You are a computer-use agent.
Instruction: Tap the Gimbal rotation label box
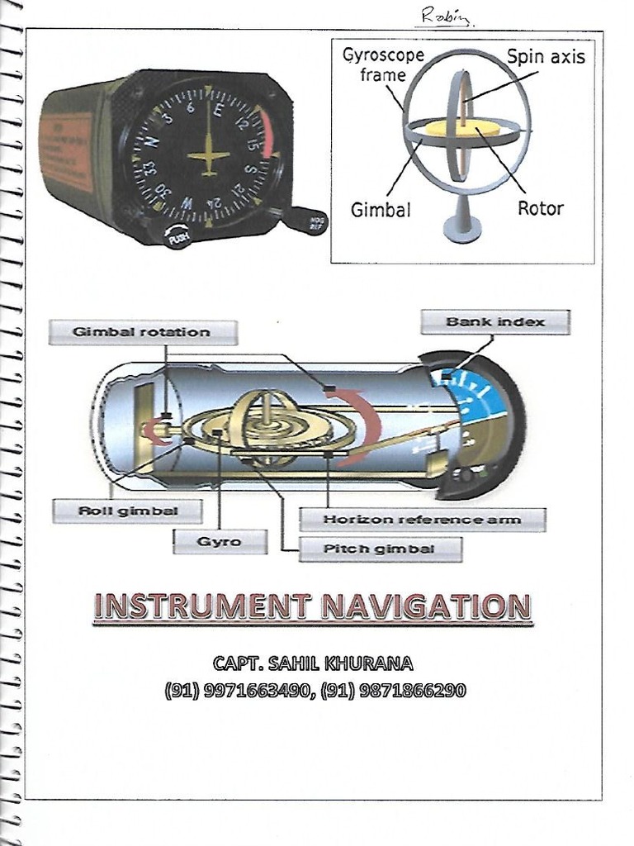coord(142,332)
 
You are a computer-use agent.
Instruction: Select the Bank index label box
coord(494,321)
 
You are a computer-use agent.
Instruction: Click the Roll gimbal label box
coord(127,511)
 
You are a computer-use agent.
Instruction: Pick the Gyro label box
coord(220,541)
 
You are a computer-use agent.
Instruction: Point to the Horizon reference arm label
coord(422,520)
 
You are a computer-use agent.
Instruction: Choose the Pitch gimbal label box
coord(380,549)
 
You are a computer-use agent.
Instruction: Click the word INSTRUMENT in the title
coord(202,606)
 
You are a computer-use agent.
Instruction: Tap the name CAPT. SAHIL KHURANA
coord(313,663)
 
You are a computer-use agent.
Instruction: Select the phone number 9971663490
coord(255,690)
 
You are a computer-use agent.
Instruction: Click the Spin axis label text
coord(546,57)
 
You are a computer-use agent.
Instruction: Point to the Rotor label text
coord(540,208)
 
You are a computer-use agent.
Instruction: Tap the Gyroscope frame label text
coord(383,65)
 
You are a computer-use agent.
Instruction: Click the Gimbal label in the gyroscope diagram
coord(381,210)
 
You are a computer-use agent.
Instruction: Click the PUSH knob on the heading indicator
coord(177,236)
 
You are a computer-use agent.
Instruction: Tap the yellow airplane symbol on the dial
coord(208,156)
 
